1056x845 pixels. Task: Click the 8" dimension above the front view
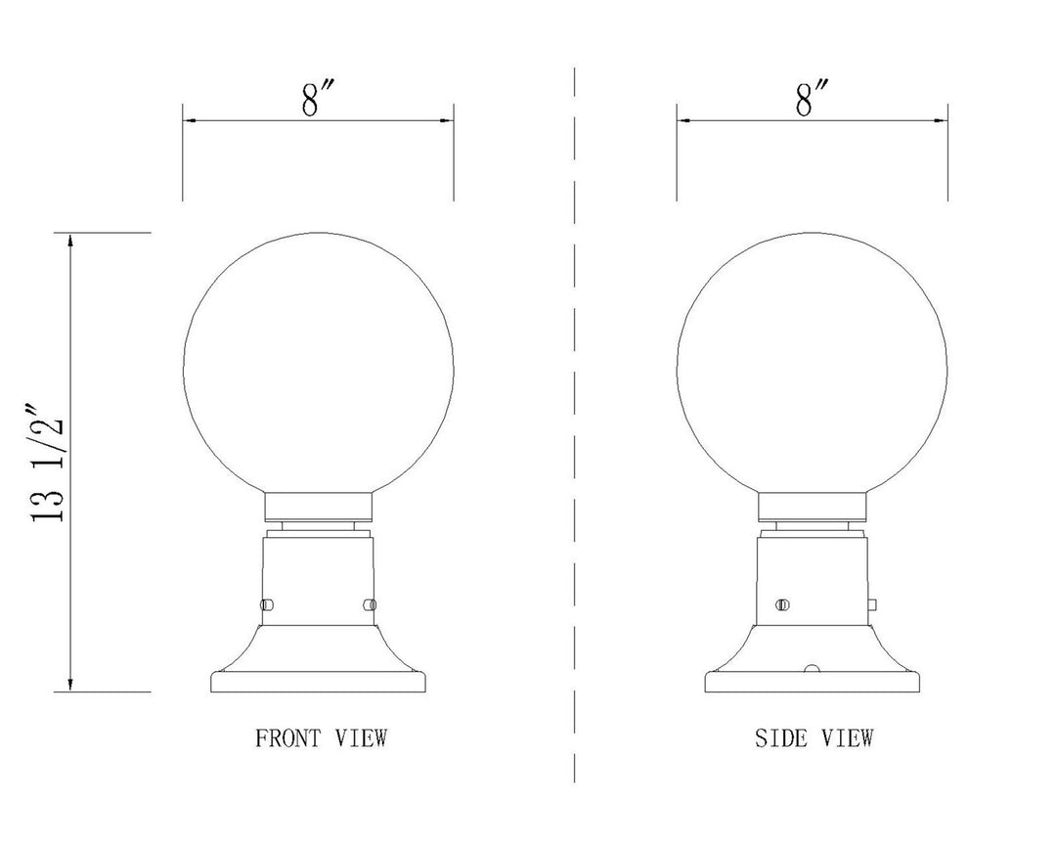(312, 99)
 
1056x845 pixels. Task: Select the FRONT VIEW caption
(321, 737)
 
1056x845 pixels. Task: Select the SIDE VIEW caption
(814, 737)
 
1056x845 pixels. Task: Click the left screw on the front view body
(267, 603)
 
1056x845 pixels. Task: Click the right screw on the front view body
(369, 603)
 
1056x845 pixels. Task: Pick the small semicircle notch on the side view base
(811, 668)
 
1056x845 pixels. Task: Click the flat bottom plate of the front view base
(318, 683)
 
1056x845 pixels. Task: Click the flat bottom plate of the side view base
(813, 683)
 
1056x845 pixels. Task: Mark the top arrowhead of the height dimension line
(69, 240)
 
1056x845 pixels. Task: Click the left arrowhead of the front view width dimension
(189, 121)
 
